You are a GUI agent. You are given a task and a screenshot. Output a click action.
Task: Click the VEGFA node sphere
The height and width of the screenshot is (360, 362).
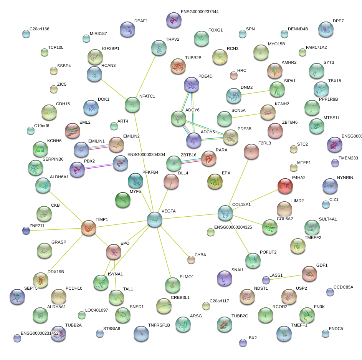coord(155,219)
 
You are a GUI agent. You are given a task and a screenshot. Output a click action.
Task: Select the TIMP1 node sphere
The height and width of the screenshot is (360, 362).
coord(89,228)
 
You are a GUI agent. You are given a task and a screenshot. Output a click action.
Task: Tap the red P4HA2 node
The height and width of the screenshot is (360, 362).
coord(285,186)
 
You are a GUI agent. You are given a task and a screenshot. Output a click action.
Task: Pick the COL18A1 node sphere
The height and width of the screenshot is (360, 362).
coord(225,213)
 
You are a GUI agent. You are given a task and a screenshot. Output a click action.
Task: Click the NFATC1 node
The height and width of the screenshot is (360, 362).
coord(132,105)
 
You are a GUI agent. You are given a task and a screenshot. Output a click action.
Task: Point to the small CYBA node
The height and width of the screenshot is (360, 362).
coord(191,260)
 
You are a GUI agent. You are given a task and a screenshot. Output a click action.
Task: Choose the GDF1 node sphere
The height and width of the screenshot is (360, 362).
coord(309,274)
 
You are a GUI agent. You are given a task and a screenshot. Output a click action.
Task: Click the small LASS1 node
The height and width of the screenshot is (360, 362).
coord(266,280)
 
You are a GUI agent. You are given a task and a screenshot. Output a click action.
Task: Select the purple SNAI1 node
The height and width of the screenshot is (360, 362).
coord(225,278)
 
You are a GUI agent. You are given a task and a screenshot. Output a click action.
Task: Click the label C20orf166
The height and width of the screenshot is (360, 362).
coord(39,29)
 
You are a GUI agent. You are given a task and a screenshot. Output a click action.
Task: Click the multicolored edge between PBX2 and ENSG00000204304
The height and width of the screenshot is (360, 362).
coord(99,166)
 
